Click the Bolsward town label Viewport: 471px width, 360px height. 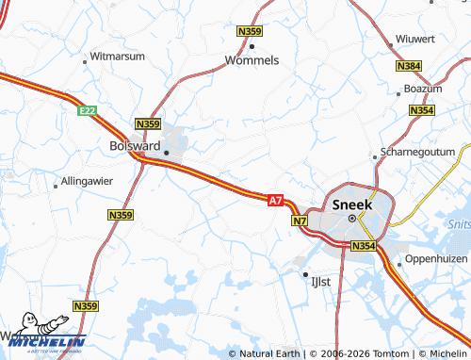click(x=129, y=147)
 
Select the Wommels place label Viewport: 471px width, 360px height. click(x=252, y=60)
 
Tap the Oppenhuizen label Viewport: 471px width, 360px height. click(x=436, y=259)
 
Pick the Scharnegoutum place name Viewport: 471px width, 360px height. click(x=417, y=155)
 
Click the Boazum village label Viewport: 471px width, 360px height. click(x=421, y=89)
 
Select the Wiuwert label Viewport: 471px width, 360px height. click(x=416, y=39)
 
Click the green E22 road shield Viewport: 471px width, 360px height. click(x=88, y=111)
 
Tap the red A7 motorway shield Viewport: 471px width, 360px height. click(x=275, y=200)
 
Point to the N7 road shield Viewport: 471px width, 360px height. click(x=300, y=221)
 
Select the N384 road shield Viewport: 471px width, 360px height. click(x=410, y=66)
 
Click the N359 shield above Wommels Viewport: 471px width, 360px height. click(x=249, y=32)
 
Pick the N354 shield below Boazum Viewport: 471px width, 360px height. click(x=421, y=111)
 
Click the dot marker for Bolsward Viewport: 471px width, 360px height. click(x=166, y=152)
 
